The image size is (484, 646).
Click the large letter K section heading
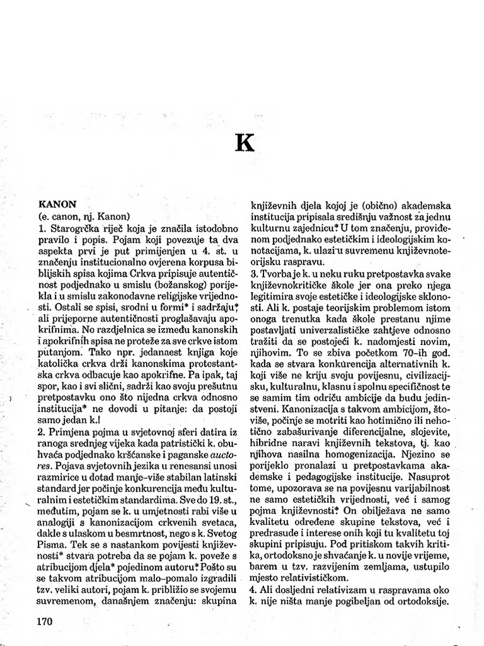point(244,143)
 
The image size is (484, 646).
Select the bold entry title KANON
point(57,204)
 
